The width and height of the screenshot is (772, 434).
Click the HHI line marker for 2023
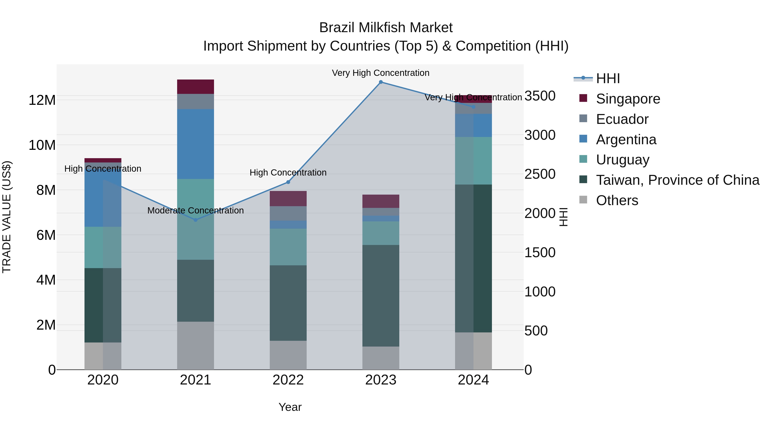(x=381, y=82)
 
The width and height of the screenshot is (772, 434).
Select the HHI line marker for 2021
(x=195, y=220)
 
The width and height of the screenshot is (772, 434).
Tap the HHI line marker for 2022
(x=288, y=182)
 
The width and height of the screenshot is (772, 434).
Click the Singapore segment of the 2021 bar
(x=195, y=87)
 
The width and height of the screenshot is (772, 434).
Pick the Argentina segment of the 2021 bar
(x=195, y=144)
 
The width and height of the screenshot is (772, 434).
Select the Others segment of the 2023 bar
(x=381, y=358)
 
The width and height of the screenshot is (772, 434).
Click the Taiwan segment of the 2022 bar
(x=288, y=302)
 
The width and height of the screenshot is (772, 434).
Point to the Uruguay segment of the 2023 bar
(x=381, y=233)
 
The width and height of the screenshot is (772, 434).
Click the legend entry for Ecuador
(x=622, y=119)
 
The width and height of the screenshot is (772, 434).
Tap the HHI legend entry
(x=608, y=78)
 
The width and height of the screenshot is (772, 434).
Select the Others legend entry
(x=617, y=200)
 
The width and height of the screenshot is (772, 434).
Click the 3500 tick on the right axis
(x=540, y=96)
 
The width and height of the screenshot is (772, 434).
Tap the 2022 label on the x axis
(x=288, y=380)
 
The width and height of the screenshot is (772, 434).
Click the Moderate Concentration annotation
(x=195, y=210)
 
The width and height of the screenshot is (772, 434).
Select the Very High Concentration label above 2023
(x=381, y=73)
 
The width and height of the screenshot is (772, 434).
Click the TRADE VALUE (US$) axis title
(x=7, y=217)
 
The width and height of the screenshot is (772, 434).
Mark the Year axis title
(x=290, y=407)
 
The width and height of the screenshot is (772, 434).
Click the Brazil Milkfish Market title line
(x=386, y=28)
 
